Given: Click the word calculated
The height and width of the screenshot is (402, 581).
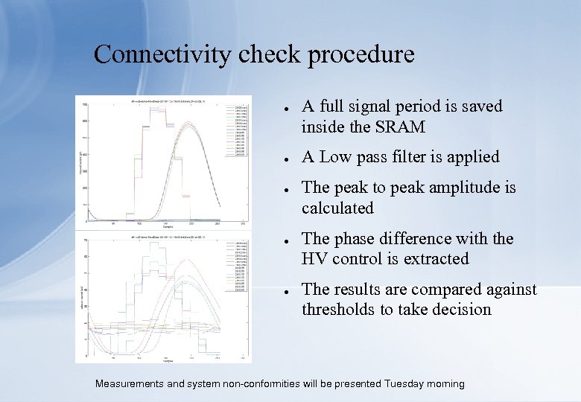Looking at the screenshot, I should click(x=337, y=208).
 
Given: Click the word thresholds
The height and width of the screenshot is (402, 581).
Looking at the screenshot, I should click(x=339, y=310).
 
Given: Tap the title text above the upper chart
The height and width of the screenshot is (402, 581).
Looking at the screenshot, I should click(x=164, y=100).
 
